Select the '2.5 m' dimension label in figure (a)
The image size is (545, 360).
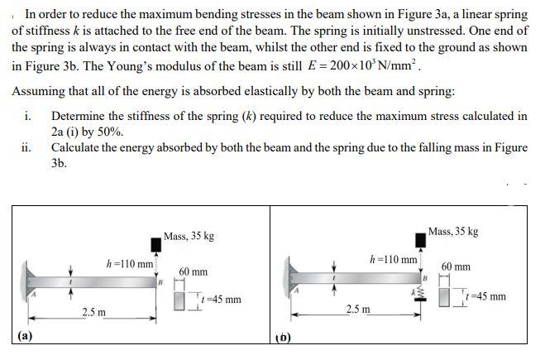94,313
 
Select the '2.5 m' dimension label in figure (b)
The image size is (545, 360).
359,309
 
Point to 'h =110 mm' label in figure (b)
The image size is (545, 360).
394,258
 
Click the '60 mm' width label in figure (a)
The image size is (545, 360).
193,271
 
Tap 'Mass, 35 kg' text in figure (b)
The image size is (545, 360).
453,231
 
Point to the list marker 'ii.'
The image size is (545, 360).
26,147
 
